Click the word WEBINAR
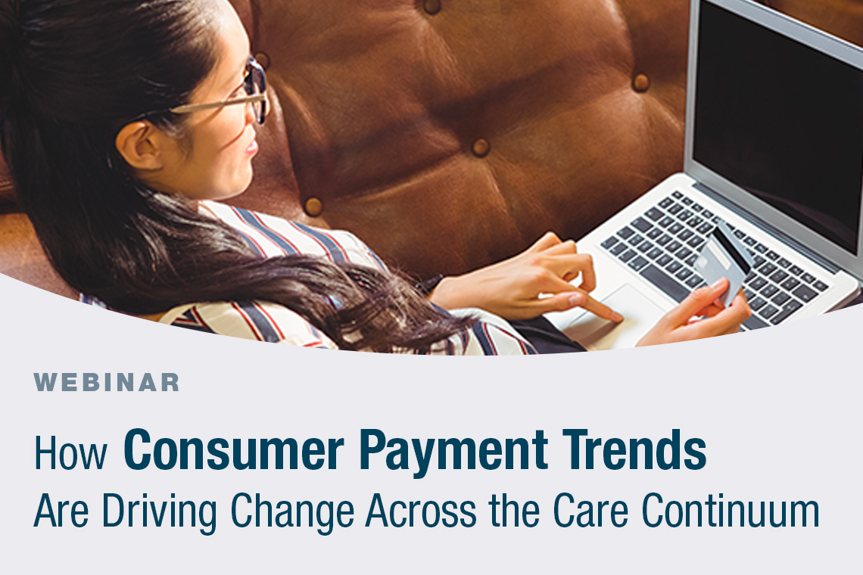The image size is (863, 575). [x=107, y=382]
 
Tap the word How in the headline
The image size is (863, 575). [x=71, y=452]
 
